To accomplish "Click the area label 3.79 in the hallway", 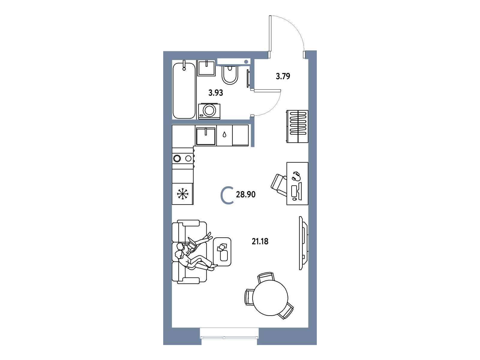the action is [283, 76].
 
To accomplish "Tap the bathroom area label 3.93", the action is [216, 93].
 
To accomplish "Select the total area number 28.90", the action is [246, 194].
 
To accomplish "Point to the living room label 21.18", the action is [260, 241].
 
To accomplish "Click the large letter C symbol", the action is [221, 195].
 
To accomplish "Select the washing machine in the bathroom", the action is [209, 111].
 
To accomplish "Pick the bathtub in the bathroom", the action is [184, 91].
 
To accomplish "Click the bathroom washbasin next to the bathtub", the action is [206, 68].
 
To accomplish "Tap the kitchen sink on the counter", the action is [205, 136].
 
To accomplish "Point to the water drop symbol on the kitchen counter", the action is [224, 135].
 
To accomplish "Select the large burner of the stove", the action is [177, 158].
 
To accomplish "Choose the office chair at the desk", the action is [279, 185].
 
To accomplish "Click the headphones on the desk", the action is [296, 176].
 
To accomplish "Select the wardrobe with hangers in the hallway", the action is [297, 127].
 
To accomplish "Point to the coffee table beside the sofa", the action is [222, 252].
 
